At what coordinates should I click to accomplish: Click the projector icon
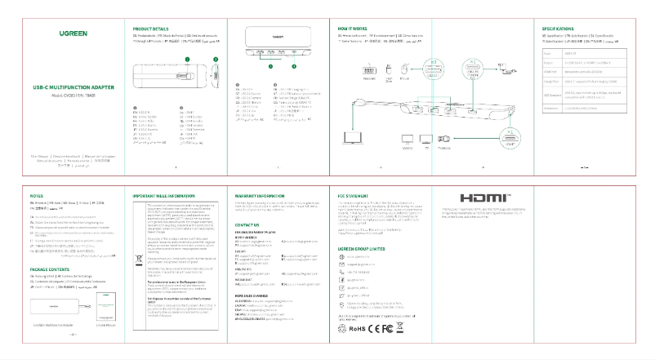[443, 140]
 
